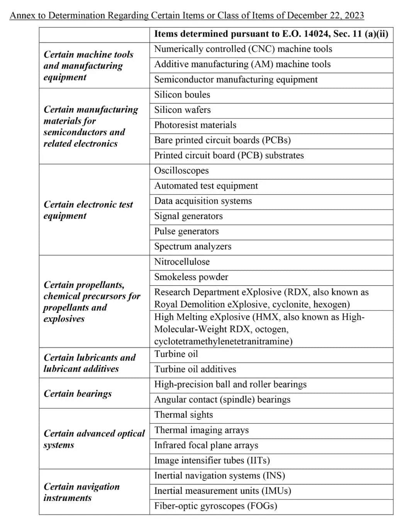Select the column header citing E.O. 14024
tap(271, 34)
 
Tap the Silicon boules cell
tap(182, 95)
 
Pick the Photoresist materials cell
tap(195, 125)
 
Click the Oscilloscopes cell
tap(181, 171)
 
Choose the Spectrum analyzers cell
tap(193, 246)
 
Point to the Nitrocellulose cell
tap(182, 262)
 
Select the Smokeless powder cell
tap(191, 277)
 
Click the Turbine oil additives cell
tap(195, 369)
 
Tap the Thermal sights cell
tap(183, 415)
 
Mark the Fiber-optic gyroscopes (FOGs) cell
tap(215, 506)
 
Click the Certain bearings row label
tap(78, 394)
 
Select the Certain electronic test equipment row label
tap(88, 210)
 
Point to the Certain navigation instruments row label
tap(81, 492)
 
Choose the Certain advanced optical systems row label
tap(94, 439)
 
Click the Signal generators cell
tap(188, 216)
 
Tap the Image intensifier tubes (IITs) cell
tap(212, 460)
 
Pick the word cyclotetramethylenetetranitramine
tap(223, 341)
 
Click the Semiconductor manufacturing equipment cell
tap(236, 80)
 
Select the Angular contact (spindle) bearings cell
tap(222, 400)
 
